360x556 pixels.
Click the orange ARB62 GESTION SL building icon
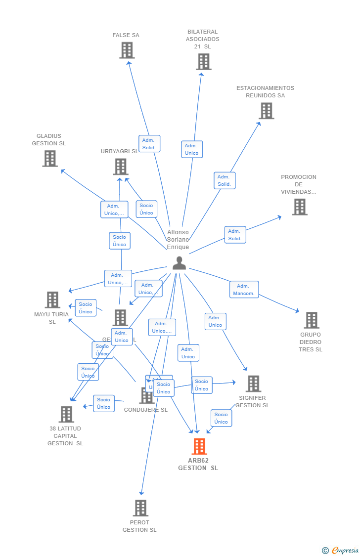pyautogui.click(x=199, y=446)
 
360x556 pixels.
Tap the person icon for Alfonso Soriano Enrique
pyautogui.click(x=179, y=263)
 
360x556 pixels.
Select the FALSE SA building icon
pyautogui.click(x=127, y=50)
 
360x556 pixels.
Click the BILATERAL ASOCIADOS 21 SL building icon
pyautogui.click(x=203, y=61)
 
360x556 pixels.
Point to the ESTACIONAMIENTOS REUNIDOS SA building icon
pyautogui.click(x=266, y=111)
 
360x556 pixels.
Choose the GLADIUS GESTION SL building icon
pyautogui.click(x=49, y=158)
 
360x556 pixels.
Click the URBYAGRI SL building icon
pyautogui.click(x=120, y=167)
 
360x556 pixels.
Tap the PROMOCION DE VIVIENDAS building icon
pyautogui.click(x=299, y=207)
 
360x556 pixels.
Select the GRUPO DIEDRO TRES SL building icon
pyautogui.click(x=311, y=320)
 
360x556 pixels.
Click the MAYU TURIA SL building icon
pyautogui.click(x=52, y=299)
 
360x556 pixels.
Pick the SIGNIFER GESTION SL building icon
pyautogui.click(x=253, y=384)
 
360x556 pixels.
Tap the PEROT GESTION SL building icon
pyautogui.click(x=140, y=508)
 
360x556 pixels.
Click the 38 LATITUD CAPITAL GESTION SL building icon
pyautogui.click(x=66, y=414)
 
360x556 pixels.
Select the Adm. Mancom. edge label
pyautogui.click(x=244, y=290)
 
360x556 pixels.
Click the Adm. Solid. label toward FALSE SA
pyautogui.click(x=149, y=144)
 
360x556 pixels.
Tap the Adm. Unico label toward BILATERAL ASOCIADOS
pyautogui.click(x=191, y=149)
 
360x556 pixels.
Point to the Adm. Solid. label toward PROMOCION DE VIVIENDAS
pyautogui.click(x=235, y=235)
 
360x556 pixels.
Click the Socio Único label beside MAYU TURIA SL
pyautogui.click(x=86, y=308)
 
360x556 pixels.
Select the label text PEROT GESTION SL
pyautogui.click(x=139, y=526)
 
